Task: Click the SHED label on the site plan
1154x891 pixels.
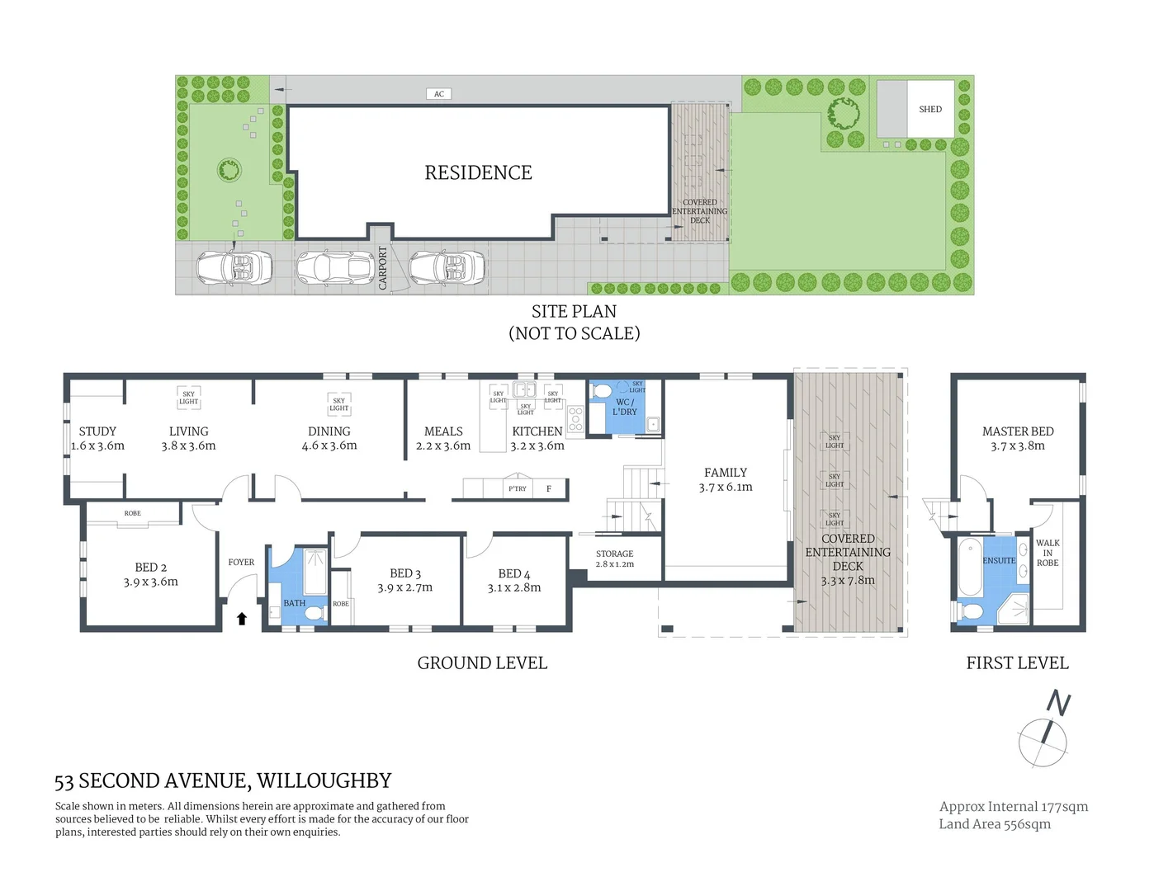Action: (x=929, y=109)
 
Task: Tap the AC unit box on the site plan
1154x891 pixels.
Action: (x=438, y=94)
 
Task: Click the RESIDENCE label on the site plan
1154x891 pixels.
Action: (x=478, y=172)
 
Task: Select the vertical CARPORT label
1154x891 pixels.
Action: (x=382, y=267)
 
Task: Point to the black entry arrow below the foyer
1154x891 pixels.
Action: (x=242, y=618)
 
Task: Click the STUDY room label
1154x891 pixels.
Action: (x=97, y=431)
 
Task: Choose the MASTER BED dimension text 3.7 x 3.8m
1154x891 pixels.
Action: (x=1017, y=446)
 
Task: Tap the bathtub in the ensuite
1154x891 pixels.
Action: (x=970, y=567)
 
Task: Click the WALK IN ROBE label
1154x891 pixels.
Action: (x=1048, y=553)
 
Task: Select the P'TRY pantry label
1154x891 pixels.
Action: (x=518, y=488)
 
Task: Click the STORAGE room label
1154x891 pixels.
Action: (x=614, y=554)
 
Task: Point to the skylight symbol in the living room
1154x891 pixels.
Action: (x=188, y=398)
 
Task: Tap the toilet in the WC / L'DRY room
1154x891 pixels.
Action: (x=600, y=391)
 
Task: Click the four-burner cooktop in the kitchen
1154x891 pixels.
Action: (x=575, y=419)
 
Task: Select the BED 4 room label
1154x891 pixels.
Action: (x=513, y=573)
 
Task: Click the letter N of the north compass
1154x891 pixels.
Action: (x=1058, y=703)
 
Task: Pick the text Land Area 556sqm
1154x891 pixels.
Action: (x=995, y=824)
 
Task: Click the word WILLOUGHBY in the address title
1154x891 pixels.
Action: (x=324, y=780)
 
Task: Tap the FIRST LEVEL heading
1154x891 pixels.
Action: (x=1017, y=663)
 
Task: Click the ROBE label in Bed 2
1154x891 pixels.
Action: (x=132, y=513)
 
